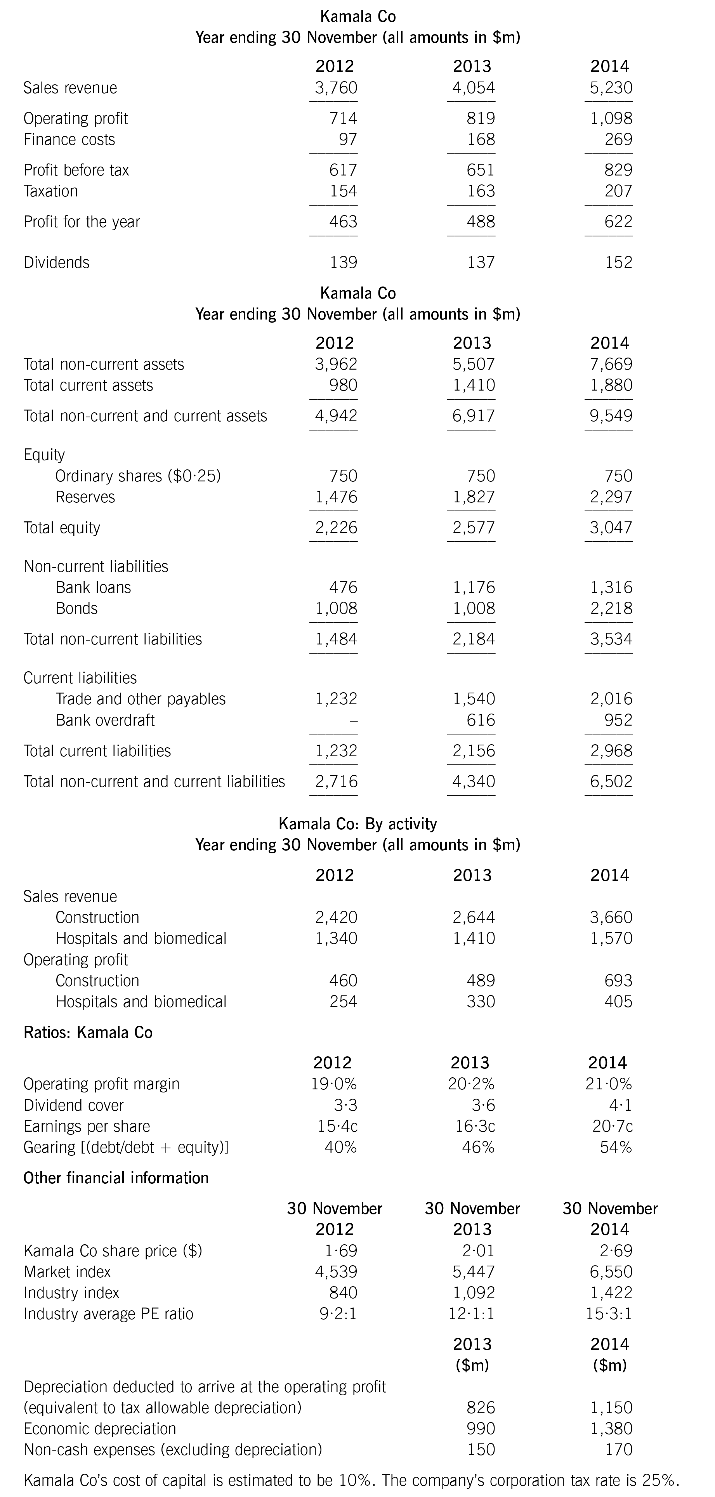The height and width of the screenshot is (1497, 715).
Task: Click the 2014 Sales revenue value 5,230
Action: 611,88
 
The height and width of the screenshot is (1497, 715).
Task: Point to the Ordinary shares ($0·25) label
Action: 138,476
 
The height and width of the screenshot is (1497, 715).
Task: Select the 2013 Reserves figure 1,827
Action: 474,497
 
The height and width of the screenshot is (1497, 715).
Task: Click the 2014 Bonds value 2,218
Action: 611,608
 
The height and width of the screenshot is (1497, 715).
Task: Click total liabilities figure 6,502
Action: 611,781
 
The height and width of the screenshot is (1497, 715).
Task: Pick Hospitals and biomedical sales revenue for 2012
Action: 336,938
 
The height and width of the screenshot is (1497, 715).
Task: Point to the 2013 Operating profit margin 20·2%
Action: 472,1084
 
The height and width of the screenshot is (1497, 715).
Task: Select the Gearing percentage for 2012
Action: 340,1147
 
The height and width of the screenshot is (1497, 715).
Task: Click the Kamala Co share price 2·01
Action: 480,1250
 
